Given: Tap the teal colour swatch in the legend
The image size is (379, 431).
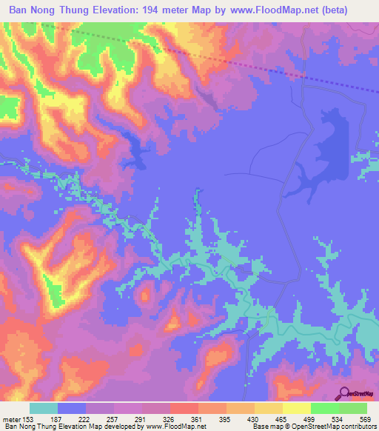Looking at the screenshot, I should (44, 408).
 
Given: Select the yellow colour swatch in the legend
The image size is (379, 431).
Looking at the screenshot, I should (297, 408).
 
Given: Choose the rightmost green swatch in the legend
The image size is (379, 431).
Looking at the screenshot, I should (353, 408).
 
